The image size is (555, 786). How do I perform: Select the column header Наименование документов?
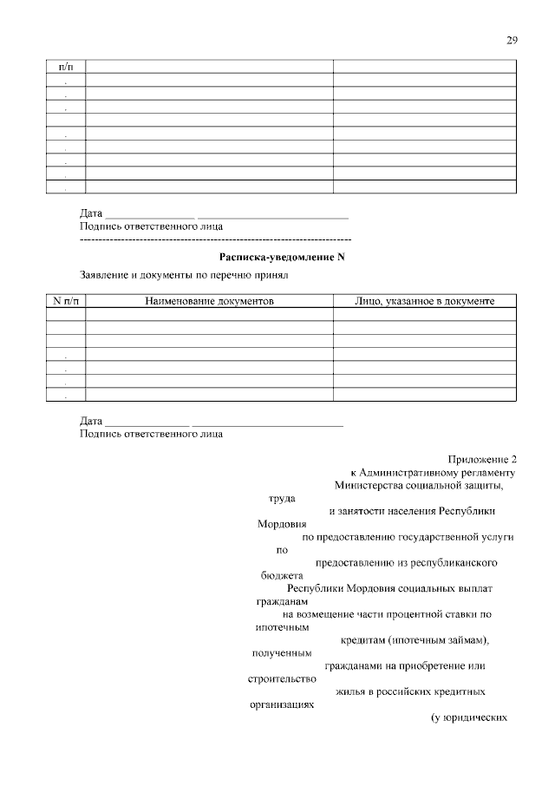tap(209, 301)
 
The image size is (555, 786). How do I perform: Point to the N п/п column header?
tap(66, 301)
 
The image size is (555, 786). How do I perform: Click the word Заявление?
tap(106, 277)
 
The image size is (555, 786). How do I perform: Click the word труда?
tap(282, 499)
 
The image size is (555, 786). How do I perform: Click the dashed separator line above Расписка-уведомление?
tap(215, 239)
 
